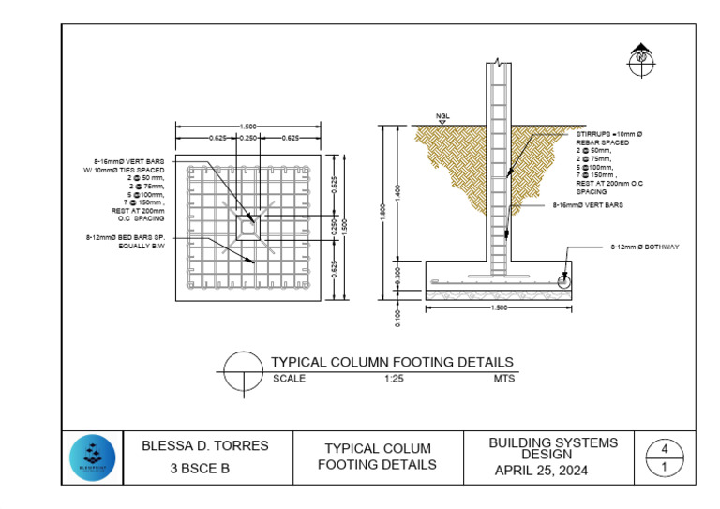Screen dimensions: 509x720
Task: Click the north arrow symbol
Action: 641,55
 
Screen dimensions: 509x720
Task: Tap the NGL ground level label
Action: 443,117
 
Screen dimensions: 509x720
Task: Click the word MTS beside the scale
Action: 503,380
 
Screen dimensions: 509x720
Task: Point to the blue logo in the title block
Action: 92,458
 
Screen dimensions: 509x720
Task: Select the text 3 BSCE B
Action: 199,469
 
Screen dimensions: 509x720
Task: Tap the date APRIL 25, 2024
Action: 541,471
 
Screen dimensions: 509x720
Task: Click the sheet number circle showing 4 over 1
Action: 665,457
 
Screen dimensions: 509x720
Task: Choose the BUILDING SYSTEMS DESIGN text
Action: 553,447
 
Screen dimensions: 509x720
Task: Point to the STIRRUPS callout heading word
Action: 594,135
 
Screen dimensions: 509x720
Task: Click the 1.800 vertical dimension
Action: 382,214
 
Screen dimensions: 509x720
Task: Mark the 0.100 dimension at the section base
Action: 397,314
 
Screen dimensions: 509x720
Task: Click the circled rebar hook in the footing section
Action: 564,281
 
